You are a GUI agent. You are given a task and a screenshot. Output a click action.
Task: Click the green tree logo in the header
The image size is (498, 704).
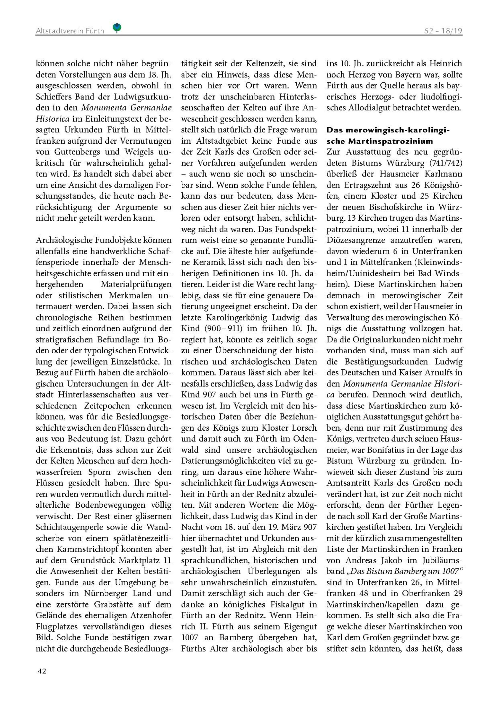click(x=117, y=28)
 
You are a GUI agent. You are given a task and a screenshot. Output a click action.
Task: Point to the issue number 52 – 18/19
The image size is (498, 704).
click(x=443, y=31)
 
